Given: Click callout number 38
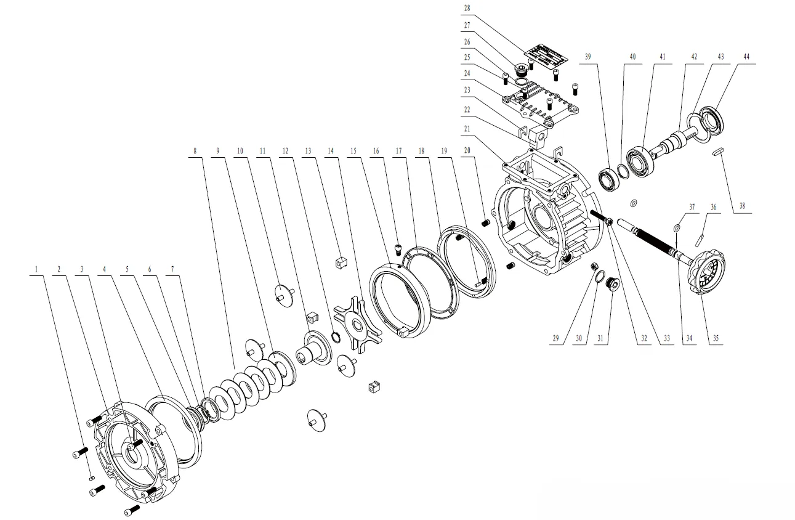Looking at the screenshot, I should (742, 207).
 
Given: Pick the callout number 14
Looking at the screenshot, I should (331, 150).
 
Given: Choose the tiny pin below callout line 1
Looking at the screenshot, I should (91, 476).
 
